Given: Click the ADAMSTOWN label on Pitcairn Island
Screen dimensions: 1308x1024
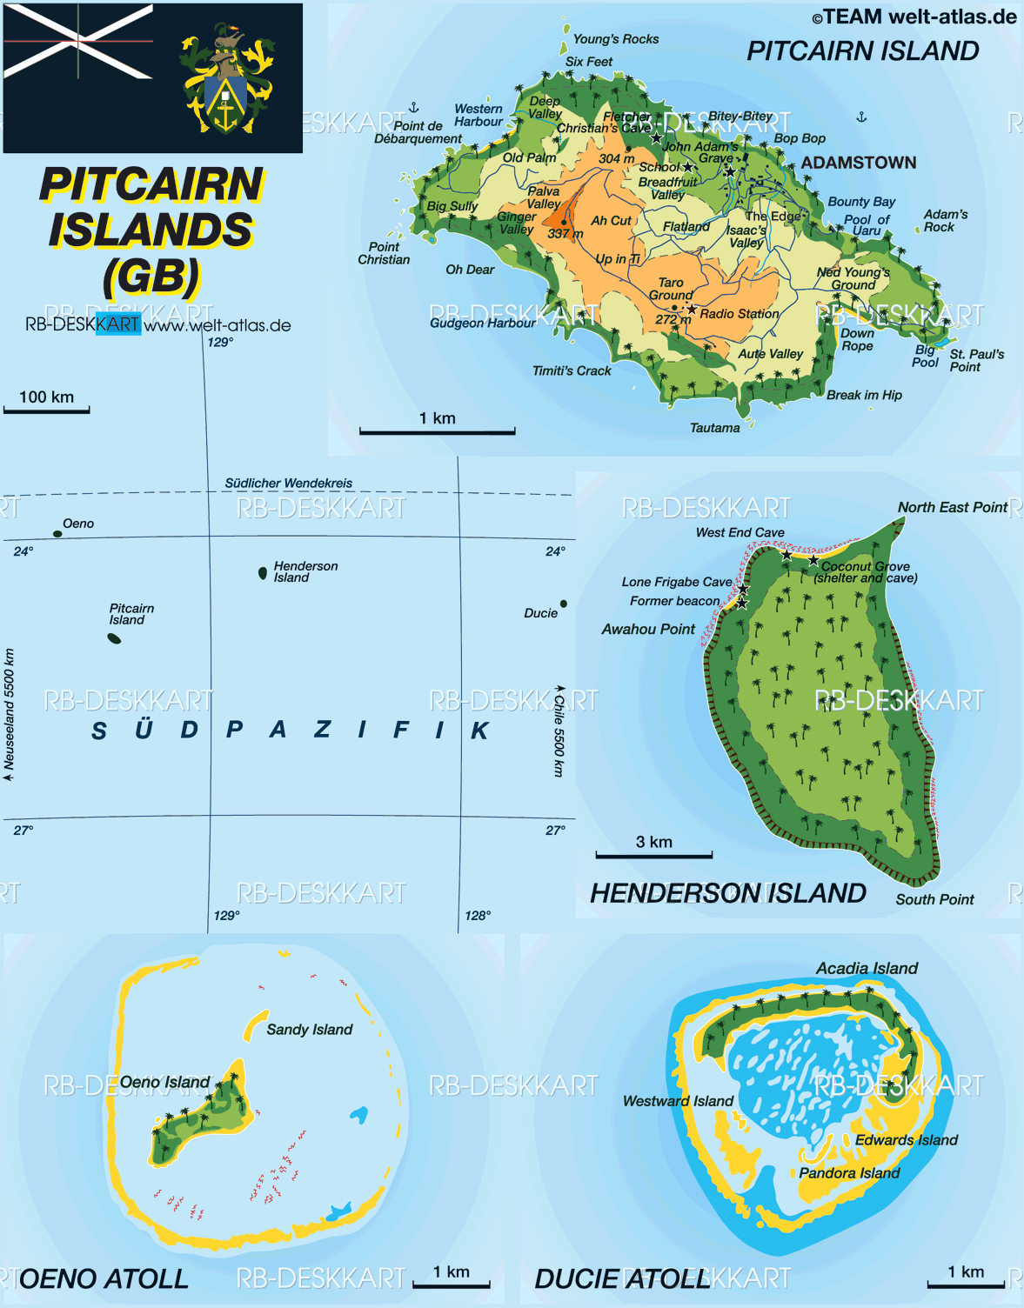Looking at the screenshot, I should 858,163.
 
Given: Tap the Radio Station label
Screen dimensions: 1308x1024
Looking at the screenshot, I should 739,314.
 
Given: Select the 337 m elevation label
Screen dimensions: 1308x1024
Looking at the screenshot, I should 565,234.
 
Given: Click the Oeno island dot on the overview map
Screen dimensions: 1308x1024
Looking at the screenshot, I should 57,533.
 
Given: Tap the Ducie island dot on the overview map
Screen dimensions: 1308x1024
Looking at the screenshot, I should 564,604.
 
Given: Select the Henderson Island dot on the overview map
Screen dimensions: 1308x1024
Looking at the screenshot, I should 263,572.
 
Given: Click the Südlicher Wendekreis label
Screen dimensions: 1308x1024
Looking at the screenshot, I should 288,484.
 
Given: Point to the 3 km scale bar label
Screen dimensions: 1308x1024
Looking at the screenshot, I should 653,842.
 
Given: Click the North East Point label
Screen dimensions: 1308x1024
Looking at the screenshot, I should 952,507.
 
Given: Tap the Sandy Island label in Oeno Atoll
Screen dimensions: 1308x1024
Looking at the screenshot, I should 309,1030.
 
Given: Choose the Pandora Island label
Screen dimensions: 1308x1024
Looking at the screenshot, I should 849,1173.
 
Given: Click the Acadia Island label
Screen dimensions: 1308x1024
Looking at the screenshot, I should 867,969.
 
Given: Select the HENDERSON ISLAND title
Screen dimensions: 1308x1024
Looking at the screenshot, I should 727,893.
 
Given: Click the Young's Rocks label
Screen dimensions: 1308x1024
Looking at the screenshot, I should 615,39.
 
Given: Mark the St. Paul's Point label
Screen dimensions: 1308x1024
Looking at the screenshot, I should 976,360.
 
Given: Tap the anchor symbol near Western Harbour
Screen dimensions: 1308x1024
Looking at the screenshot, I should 414,108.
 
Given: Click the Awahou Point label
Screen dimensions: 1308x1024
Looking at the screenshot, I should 648,629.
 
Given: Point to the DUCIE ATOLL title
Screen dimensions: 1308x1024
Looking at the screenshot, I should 622,1278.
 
